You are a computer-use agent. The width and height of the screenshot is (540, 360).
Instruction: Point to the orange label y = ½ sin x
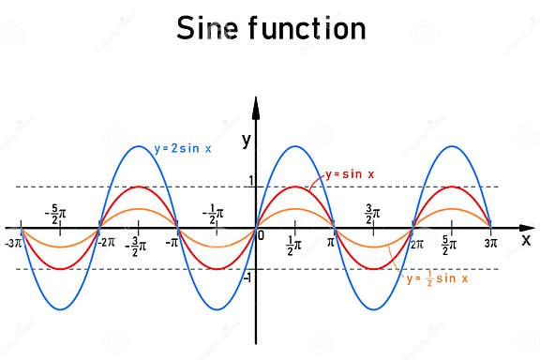pos(437,278)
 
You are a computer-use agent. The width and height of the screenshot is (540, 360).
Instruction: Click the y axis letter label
pos(246,141)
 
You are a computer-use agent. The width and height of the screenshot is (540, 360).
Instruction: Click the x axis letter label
pos(526,239)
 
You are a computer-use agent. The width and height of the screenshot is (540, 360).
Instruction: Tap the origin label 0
pos(262,234)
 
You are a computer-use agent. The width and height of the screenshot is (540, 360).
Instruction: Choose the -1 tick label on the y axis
pos(247,277)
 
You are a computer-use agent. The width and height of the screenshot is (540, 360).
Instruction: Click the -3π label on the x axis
pos(13,243)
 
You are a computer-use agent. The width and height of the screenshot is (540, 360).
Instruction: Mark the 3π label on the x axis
pos(491,243)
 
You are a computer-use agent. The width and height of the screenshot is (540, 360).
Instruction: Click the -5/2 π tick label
pos(59,212)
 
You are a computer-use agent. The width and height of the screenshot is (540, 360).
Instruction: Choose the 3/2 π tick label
pos(372,212)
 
